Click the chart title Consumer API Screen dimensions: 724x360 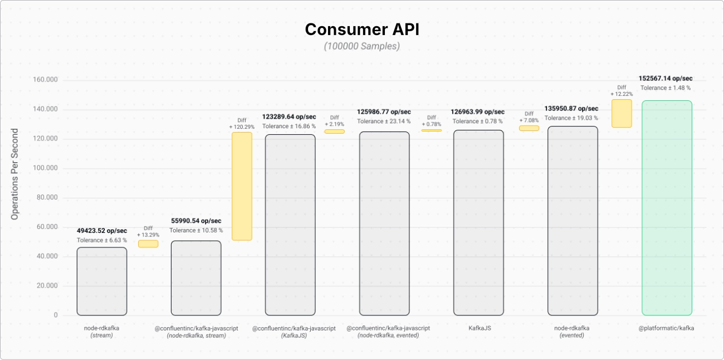pyautogui.click(x=362, y=30)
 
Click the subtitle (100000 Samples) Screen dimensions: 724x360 pyautogui.click(x=362, y=46)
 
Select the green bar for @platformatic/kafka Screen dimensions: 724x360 pyautogui.click(x=667, y=208)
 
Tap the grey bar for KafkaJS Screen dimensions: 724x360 pyautogui.click(x=478, y=222)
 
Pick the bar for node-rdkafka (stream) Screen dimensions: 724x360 pyautogui.click(x=102, y=281)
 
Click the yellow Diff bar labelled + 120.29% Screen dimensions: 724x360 pyautogui.click(x=242, y=186)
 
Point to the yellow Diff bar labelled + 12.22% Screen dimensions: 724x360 pyautogui.click(x=622, y=113)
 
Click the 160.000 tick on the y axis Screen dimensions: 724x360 pyautogui.click(x=45, y=80)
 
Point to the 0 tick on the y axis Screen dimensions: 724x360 pyautogui.click(x=56, y=315)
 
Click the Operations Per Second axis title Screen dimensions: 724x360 pyautogui.click(x=14, y=174)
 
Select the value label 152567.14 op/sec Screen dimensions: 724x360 pyautogui.click(x=666, y=78)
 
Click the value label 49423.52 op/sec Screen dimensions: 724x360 pyautogui.click(x=102, y=231)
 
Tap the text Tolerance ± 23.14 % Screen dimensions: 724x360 pyautogui.click(x=384, y=121)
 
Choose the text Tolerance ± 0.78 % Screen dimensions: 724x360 pyautogui.click(x=477, y=121)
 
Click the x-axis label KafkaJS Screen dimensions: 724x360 pyautogui.click(x=480, y=328)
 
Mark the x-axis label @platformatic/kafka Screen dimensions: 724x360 pyautogui.click(x=666, y=328)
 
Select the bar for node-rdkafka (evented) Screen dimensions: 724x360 pyautogui.click(x=573, y=221)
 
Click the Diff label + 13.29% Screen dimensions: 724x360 pyautogui.click(x=148, y=235)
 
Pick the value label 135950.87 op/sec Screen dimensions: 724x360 pyautogui.click(x=571, y=109)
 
